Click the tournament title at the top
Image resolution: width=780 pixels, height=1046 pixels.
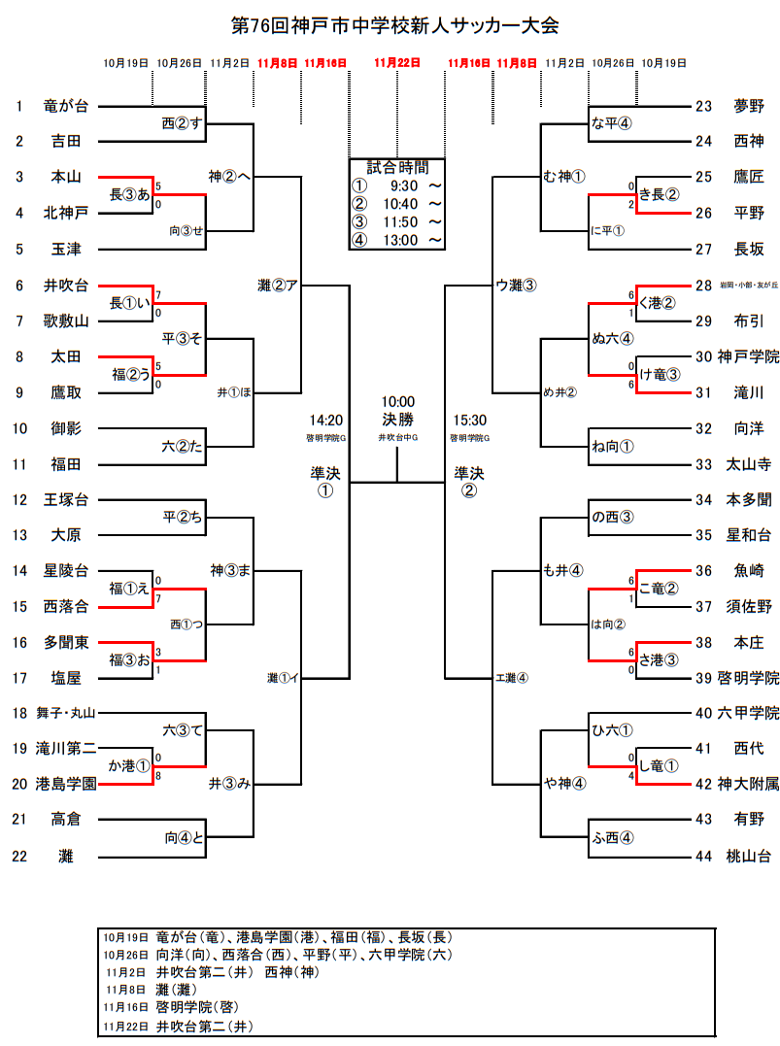tap(395, 25)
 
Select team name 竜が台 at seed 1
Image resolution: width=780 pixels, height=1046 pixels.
tap(66, 106)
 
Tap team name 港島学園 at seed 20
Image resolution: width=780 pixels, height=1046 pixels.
tap(66, 784)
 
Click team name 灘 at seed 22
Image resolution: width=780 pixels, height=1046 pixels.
tap(66, 856)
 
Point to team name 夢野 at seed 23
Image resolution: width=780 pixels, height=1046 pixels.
tap(748, 106)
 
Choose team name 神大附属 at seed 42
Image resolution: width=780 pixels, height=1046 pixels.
tap(748, 784)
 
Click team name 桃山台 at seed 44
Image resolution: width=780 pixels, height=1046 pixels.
tap(748, 856)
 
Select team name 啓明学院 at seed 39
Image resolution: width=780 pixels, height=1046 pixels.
tap(748, 677)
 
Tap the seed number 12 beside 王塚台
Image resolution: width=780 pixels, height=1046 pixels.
tap(18, 499)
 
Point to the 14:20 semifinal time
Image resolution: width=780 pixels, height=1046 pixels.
tap(325, 421)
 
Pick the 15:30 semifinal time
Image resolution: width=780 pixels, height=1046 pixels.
tap(469, 421)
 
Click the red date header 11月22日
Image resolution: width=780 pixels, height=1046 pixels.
tap(396, 63)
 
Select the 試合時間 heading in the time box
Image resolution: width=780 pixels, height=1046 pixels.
tap(396, 166)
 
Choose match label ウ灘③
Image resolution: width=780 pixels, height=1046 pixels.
tap(516, 285)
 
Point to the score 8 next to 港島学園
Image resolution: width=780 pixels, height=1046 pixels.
tap(158, 776)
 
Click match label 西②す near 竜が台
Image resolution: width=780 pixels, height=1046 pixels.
tap(181, 123)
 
